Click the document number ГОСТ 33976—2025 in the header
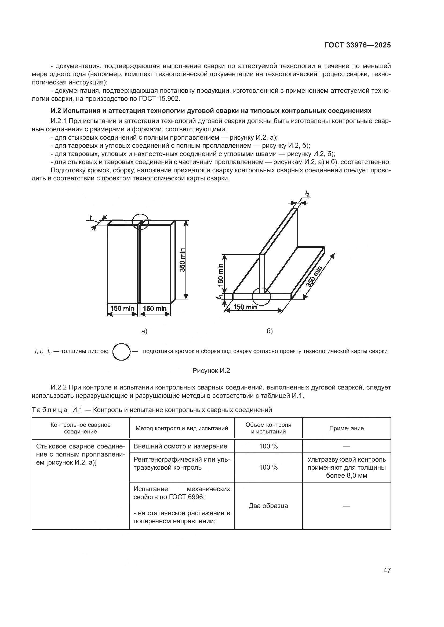[357, 45]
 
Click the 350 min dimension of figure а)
[182, 260]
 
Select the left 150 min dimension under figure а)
[122, 309]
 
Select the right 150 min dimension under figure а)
[155, 309]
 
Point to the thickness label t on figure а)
[90, 217]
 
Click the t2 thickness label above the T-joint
[307, 194]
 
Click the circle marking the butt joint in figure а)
[140, 221]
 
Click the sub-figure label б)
[270, 331]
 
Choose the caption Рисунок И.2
[211, 370]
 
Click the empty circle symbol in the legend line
[121, 351]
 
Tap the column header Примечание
[346, 428]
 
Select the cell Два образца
[268, 506]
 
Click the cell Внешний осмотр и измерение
[180, 446]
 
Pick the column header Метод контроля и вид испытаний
[181, 428]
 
